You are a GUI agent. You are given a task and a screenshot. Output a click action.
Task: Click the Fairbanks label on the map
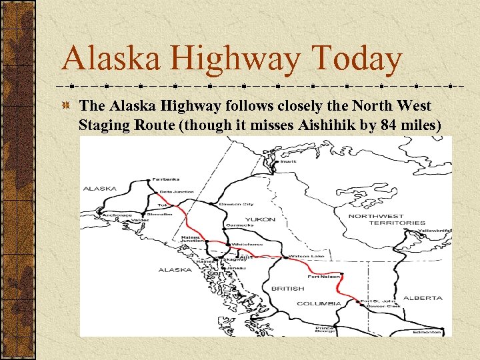[166, 179]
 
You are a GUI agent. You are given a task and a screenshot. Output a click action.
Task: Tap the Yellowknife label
[434, 231]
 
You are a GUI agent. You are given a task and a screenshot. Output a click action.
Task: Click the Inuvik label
[288, 161]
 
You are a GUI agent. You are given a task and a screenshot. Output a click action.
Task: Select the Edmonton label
[427, 331]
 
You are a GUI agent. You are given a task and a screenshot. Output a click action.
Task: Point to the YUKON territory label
[259, 219]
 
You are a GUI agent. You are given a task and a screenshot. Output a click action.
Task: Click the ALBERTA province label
[423, 298]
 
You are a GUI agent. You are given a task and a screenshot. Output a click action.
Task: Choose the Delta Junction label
[177, 192]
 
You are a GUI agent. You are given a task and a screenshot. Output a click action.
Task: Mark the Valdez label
[141, 219]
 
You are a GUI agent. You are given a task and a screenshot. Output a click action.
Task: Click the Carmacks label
[240, 225]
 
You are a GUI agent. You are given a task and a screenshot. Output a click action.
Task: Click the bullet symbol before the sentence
[66, 106]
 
